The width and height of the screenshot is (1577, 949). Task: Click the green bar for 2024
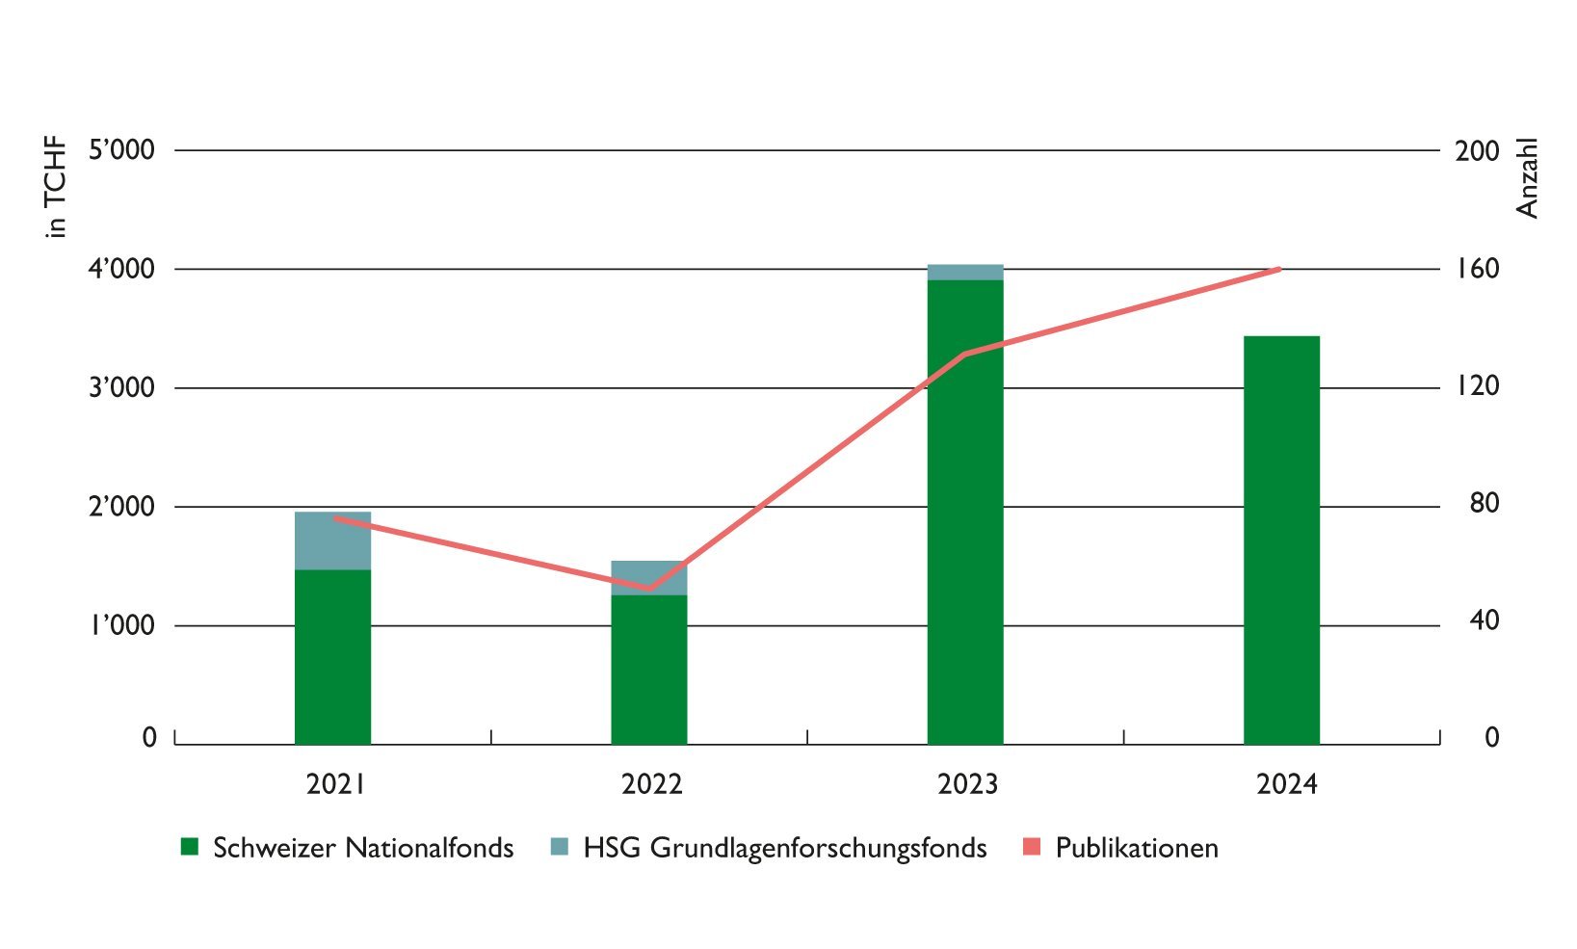[x=1281, y=540]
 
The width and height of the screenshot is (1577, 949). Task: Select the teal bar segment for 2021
[x=332, y=540]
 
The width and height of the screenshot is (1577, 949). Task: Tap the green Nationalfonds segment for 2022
[x=648, y=670]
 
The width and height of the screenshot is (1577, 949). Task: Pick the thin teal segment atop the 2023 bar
[x=965, y=272]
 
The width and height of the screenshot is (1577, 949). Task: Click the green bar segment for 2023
[x=965, y=511]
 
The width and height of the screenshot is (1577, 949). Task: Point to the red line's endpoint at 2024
[x=1279, y=269]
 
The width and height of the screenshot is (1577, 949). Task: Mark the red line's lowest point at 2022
[x=648, y=588]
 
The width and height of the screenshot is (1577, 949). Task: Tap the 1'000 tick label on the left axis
[x=122, y=626]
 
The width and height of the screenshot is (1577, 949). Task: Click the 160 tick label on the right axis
[x=1478, y=269]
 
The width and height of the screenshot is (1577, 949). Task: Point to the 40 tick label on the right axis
[x=1485, y=620]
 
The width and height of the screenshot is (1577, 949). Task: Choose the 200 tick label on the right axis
[x=1478, y=151]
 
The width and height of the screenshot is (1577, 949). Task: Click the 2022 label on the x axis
[x=652, y=784]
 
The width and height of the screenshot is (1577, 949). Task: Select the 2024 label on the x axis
[x=1286, y=784]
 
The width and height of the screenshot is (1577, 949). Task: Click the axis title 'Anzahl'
[x=1528, y=178]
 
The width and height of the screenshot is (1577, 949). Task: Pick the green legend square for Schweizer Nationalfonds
[x=190, y=848]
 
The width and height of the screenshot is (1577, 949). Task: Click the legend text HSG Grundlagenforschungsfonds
[x=784, y=848]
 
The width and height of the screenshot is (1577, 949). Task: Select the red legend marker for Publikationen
[x=1032, y=848]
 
